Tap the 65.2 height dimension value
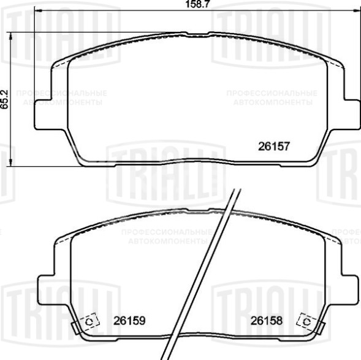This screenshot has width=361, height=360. (5, 99)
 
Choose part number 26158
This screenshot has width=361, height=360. (264, 320)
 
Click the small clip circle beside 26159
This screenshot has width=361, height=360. (89, 321)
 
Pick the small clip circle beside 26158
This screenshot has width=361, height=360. (305, 321)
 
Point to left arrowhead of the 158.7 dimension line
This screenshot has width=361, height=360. (37, 13)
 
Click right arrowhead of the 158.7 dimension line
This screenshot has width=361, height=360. (357, 13)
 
